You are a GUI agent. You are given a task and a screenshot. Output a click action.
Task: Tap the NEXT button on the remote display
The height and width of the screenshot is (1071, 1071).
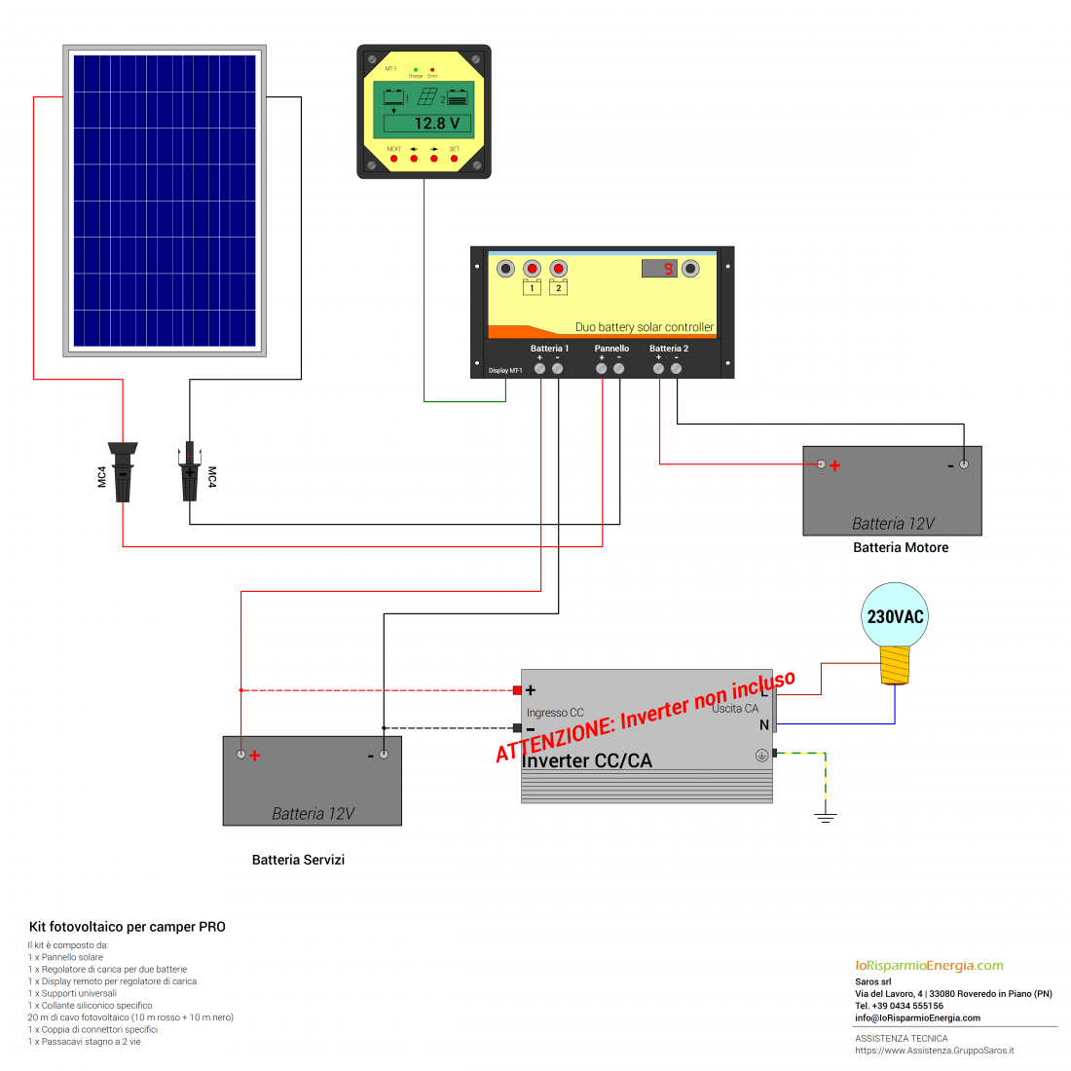393,158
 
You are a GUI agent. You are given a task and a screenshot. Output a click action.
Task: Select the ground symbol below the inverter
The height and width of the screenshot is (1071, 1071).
826,816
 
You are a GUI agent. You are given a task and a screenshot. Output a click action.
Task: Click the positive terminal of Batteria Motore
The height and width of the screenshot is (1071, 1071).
821,464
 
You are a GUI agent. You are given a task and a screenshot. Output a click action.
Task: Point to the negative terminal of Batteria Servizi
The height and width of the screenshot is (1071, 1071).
384,755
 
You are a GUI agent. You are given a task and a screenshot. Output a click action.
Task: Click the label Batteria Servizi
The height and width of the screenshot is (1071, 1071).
298,860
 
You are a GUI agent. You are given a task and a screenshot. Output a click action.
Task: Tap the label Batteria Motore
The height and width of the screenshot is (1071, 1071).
901,548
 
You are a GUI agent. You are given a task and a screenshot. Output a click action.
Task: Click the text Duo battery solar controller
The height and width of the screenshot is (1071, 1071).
644,327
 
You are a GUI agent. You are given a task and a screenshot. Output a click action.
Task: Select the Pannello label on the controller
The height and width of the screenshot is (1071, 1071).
611,349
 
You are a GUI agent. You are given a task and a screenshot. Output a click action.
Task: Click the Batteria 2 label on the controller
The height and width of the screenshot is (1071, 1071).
669,349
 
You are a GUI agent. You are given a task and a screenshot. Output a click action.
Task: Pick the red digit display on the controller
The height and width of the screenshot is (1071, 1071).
659,268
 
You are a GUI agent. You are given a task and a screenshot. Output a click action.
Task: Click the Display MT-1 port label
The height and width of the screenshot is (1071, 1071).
505,371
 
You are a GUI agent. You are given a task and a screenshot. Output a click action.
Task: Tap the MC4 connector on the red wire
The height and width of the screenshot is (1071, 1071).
123,472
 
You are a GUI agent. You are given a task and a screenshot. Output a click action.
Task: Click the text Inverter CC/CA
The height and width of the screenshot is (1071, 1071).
587,760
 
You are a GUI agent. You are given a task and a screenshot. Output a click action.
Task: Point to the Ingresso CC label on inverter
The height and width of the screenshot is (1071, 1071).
555,713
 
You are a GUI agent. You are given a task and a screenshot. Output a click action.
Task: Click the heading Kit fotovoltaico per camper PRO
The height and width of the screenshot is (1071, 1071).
128,927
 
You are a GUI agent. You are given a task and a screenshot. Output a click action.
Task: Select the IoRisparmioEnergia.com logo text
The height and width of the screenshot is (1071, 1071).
929,966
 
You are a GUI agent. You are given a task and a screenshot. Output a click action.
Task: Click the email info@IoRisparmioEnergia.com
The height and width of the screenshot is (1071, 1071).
917,1018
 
